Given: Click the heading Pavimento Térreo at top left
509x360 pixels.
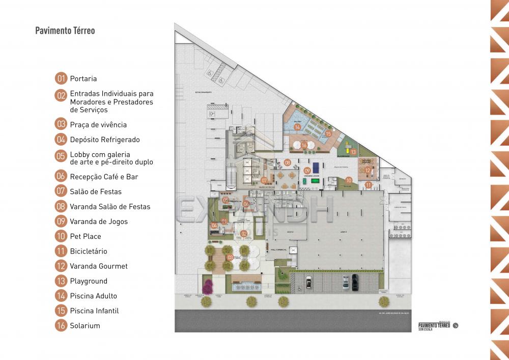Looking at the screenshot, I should pyautogui.click(x=65, y=31).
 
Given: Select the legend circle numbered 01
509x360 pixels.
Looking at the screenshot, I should pyautogui.click(x=61, y=78).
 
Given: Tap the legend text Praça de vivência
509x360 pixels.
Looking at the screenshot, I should pyautogui.click(x=98, y=124).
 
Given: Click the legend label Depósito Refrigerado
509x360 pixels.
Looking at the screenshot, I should pyautogui.click(x=104, y=140).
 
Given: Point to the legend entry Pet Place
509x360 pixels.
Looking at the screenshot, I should pyautogui.click(x=86, y=236).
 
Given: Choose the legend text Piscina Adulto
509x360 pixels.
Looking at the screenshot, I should pyautogui.click(x=93, y=296).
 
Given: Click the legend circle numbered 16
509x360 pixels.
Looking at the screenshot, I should pyautogui.click(x=61, y=325).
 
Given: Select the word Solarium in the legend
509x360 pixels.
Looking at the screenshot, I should pyautogui.click(x=85, y=325).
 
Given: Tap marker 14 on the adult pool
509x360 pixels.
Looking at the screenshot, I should pyautogui.click(x=297, y=127).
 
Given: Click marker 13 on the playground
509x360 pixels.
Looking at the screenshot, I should pyautogui.click(x=353, y=152).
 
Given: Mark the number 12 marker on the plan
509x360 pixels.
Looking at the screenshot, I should pyautogui.click(x=367, y=171).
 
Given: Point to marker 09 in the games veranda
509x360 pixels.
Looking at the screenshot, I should pyautogui.click(x=307, y=171).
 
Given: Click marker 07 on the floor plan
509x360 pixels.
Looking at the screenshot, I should pyautogui.click(x=264, y=180).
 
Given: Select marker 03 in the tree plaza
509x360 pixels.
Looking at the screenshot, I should pyautogui.click(x=230, y=257).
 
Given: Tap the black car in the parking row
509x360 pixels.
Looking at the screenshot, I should pyautogui.click(x=355, y=281).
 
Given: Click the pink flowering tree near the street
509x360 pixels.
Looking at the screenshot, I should pyautogui.click(x=208, y=287).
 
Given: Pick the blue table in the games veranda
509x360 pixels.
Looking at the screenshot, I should pyautogui.click(x=316, y=167).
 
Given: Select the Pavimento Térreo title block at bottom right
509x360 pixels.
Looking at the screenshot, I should pyautogui.click(x=434, y=326).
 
